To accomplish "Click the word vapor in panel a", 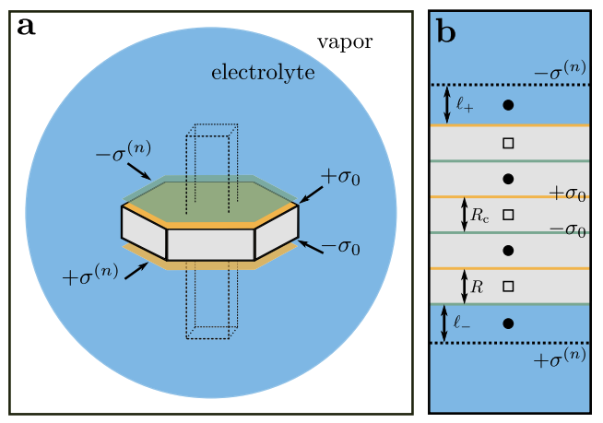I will (345, 43).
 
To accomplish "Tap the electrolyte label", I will (264, 73).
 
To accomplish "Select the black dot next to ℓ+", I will (508, 105).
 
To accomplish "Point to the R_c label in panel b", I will (480, 216).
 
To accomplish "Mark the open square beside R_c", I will (508, 216).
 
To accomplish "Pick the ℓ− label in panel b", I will (463, 323).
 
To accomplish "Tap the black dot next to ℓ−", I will (508, 323).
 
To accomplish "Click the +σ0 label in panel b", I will (568, 194).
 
